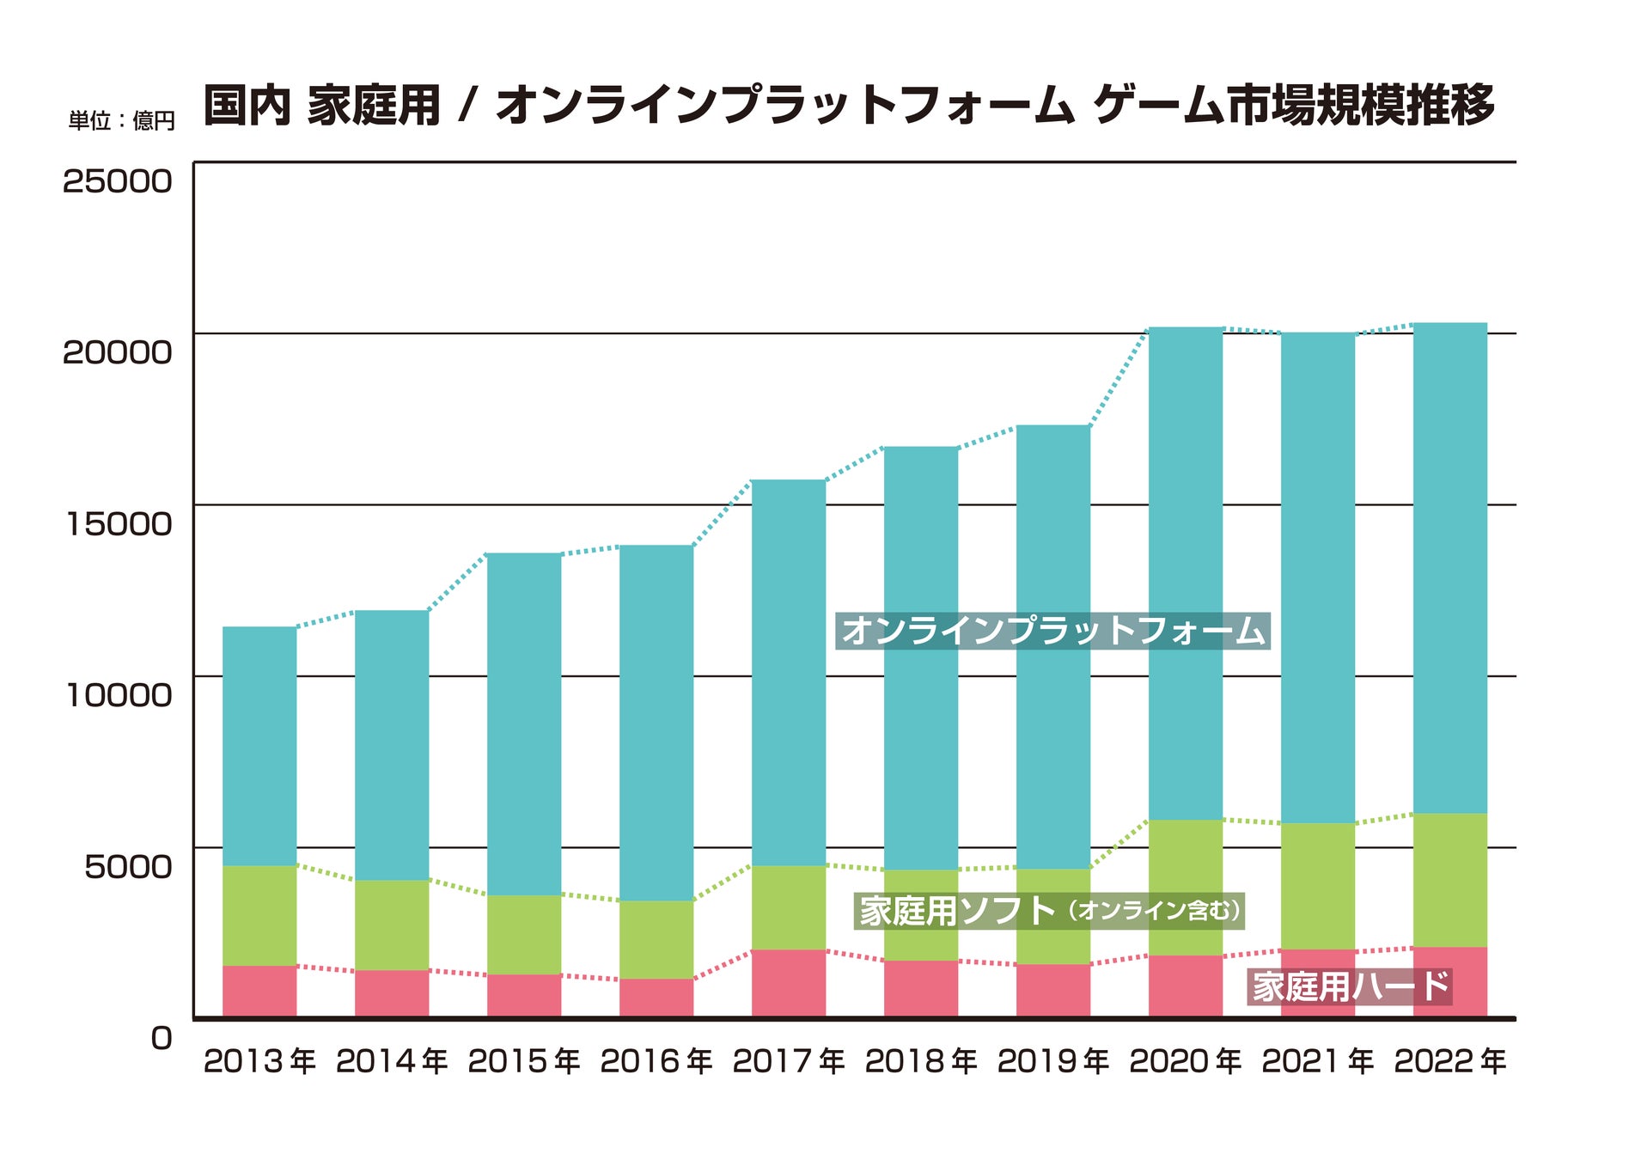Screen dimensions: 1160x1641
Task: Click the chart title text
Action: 849,106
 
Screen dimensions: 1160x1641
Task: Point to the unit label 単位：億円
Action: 121,121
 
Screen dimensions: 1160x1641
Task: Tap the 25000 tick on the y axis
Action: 117,181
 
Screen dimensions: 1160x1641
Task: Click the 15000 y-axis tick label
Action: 119,524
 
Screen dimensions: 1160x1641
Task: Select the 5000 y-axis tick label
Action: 128,867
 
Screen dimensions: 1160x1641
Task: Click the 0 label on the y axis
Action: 161,1038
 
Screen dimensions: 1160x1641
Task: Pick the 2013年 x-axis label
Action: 259,1062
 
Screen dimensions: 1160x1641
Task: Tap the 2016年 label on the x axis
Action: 656,1062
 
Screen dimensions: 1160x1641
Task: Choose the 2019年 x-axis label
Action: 1053,1062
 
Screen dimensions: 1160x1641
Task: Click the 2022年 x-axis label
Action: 1450,1062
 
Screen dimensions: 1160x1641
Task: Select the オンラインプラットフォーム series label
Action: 1052,631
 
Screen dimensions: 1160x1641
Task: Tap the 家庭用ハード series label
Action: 1350,986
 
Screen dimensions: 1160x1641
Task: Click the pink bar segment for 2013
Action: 259,992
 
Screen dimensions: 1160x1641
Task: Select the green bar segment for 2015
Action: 524,935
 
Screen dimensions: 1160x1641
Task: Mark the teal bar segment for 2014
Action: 392,744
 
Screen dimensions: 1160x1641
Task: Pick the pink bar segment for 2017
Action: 789,984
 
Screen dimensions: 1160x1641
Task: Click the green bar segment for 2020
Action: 1186,888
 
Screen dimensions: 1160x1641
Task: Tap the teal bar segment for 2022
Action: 1450,567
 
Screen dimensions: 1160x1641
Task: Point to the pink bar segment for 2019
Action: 1053,991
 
